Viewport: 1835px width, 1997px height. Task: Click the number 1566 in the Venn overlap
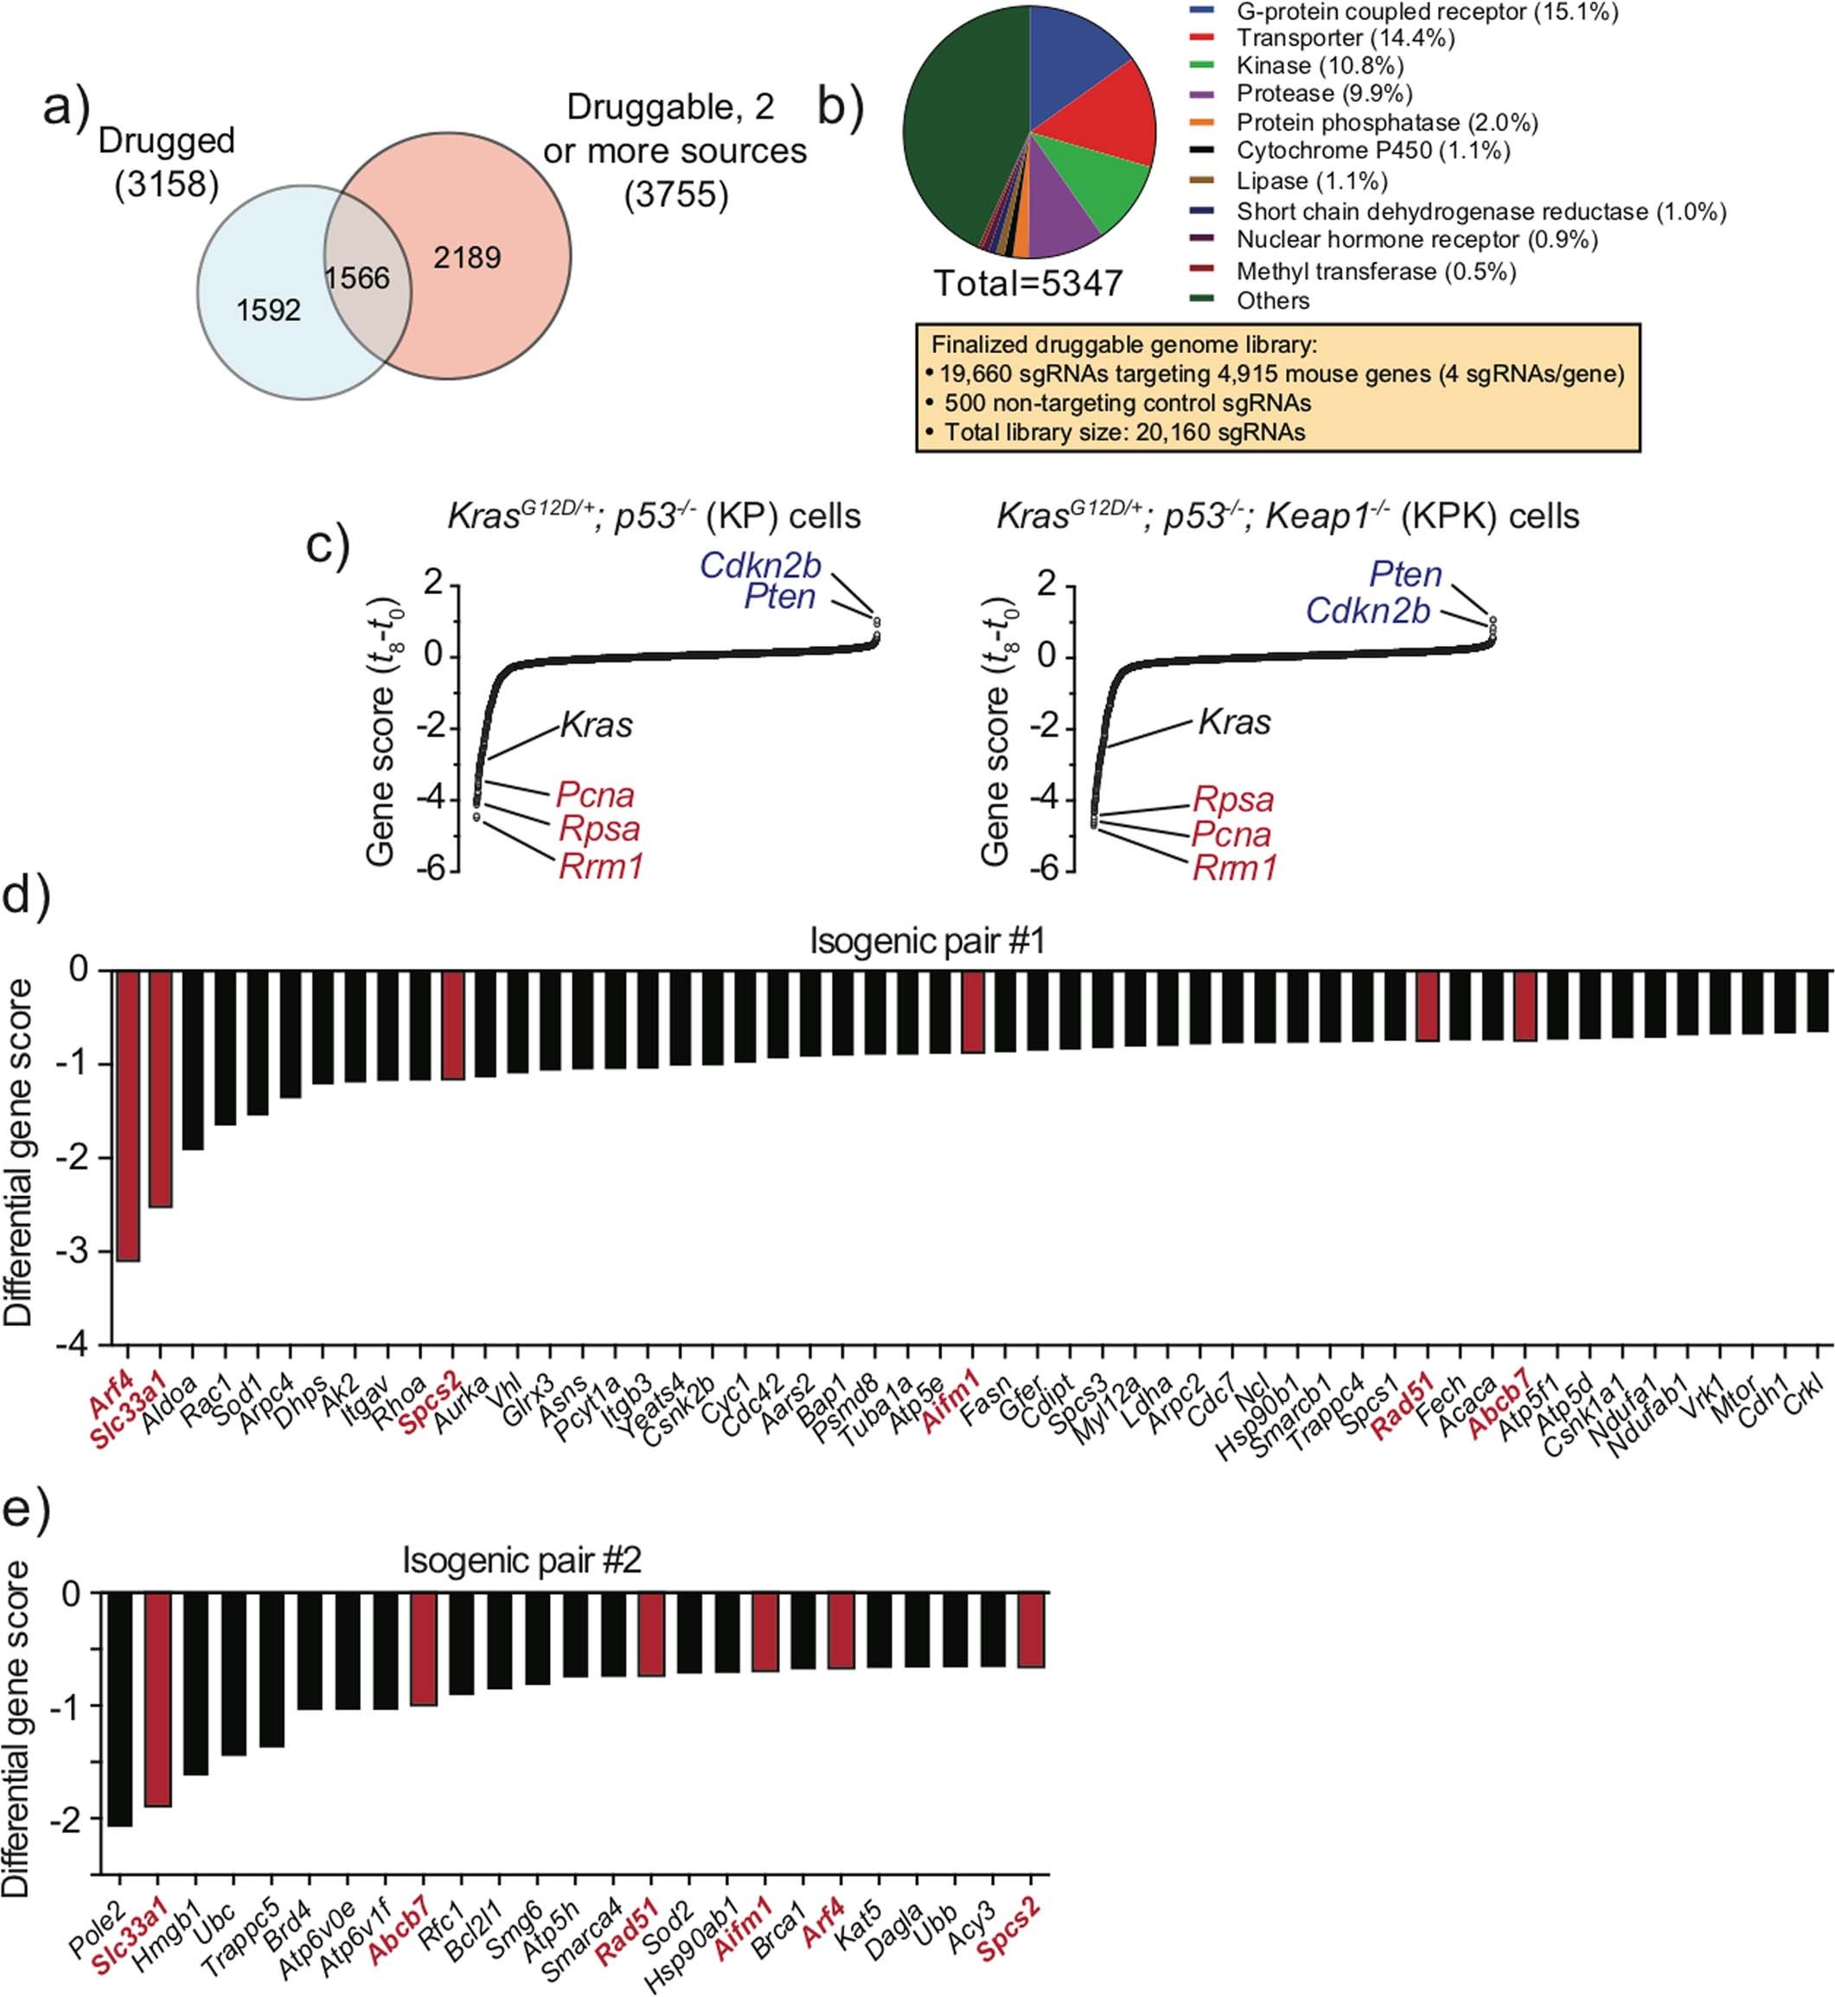click(x=357, y=278)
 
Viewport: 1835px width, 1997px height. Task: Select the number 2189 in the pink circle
click(x=467, y=259)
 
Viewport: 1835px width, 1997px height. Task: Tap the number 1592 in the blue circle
click(x=268, y=310)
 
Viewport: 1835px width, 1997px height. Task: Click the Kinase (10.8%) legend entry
click(x=1319, y=66)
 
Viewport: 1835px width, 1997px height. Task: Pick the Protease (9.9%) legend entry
click(x=1324, y=93)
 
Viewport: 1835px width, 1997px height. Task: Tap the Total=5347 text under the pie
click(x=1027, y=284)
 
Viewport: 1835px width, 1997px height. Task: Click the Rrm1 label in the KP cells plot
click(x=601, y=867)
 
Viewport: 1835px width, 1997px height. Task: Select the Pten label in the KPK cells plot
click(x=1405, y=574)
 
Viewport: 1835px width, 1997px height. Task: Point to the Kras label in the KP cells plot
click(x=596, y=725)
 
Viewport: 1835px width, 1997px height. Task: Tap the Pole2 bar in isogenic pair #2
click(x=120, y=1709)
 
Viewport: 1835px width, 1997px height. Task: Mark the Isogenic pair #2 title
click(x=521, y=1560)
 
